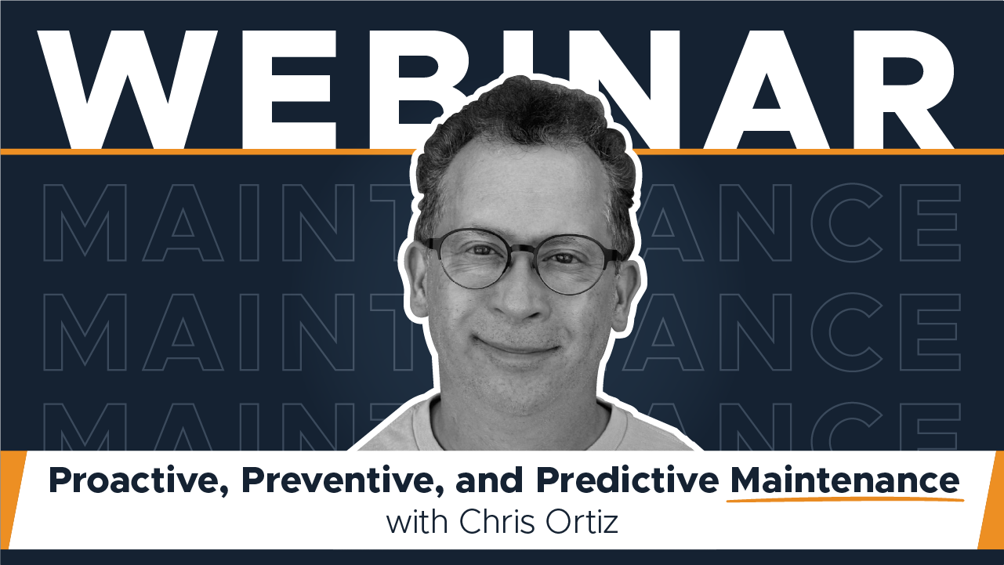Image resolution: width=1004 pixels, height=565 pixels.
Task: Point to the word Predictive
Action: click(x=628, y=480)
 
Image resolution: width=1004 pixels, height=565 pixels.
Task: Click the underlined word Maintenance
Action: click(x=845, y=480)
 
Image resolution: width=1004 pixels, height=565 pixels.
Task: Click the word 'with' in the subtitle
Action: click(x=417, y=523)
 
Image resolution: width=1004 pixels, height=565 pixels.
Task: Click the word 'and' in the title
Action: click(x=488, y=480)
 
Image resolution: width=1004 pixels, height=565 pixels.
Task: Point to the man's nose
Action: click(x=520, y=298)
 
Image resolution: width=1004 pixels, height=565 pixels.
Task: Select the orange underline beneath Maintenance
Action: click(x=845, y=498)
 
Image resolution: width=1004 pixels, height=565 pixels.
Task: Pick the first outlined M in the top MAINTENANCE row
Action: click(x=85, y=223)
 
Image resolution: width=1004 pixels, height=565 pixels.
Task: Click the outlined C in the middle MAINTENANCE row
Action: click(x=848, y=332)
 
